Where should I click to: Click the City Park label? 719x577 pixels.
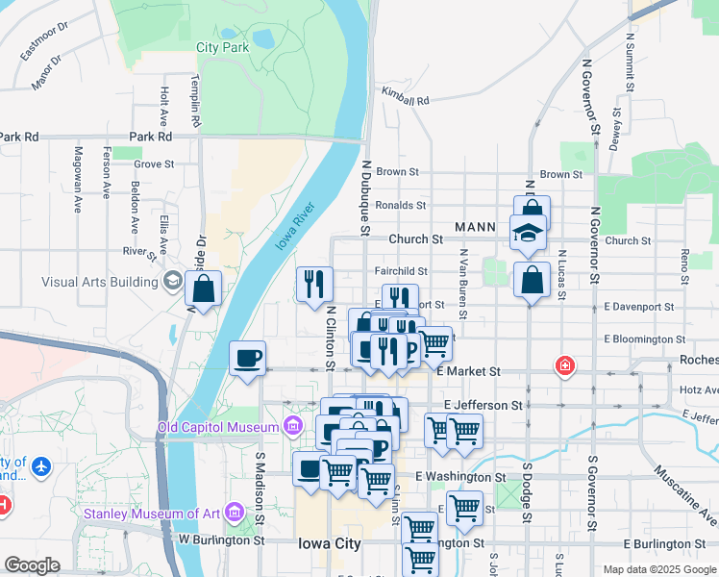[x=222, y=47]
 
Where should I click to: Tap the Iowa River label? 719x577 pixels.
[x=296, y=227]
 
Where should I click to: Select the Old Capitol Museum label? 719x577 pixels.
[x=219, y=426]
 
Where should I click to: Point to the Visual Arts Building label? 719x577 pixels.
[x=99, y=282]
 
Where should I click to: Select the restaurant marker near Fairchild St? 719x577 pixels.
[x=315, y=284]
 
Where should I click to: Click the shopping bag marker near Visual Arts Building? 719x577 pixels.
[x=204, y=288]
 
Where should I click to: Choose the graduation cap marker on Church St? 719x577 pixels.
[x=528, y=234]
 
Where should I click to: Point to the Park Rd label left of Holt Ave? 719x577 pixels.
[x=19, y=137]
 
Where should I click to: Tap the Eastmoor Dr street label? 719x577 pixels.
[x=43, y=42]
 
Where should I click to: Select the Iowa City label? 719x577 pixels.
[x=329, y=543]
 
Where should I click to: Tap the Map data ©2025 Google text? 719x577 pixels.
[x=658, y=569]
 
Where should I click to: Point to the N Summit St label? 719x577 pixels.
[x=630, y=63]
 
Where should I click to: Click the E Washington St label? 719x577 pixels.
[x=460, y=477]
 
